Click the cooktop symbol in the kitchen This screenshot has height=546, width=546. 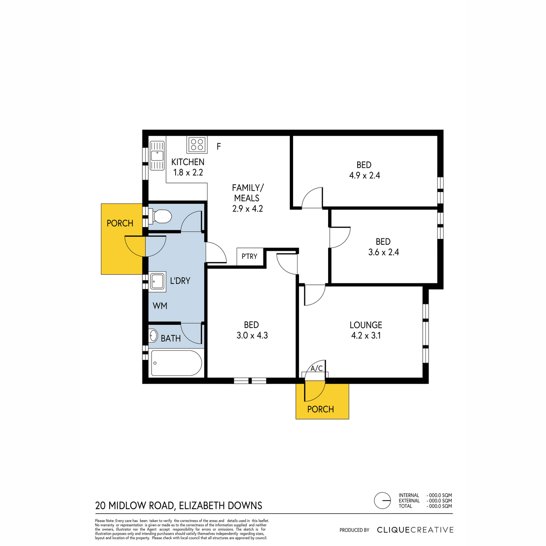pyautogui.click(x=197, y=145)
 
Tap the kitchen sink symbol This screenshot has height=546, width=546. pyautogui.click(x=157, y=156)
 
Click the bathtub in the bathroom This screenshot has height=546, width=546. pyautogui.click(x=176, y=364)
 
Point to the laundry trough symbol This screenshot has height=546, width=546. pyautogui.click(x=157, y=282)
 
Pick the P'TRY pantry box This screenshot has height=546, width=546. pyautogui.click(x=250, y=257)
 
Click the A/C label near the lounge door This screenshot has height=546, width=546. pyautogui.click(x=317, y=369)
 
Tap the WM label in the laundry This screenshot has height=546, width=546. pyautogui.click(x=160, y=306)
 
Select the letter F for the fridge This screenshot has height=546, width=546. pyautogui.click(x=219, y=147)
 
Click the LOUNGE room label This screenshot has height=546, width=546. pyautogui.click(x=366, y=325)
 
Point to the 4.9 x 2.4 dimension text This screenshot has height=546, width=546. pyautogui.click(x=364, y=176)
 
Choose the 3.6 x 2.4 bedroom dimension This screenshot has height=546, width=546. pyautogui.click(x=384, y=252)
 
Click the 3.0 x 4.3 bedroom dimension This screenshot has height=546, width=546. pyautogui.click(x=252, y=335)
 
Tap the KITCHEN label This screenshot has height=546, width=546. pyautogui.click(x=187, y=162)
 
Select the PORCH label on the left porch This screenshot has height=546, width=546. pyautogui.click(x=120, y=223)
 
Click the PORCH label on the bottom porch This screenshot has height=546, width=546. pyautogui.click(x=320, y=409)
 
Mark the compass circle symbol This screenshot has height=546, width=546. pyautogui.click(x=383, y=500)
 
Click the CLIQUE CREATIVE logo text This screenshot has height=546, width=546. pyautogui.click(x=415, y=530)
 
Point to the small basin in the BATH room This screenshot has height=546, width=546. pyautogui.click(x=153, y=336)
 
